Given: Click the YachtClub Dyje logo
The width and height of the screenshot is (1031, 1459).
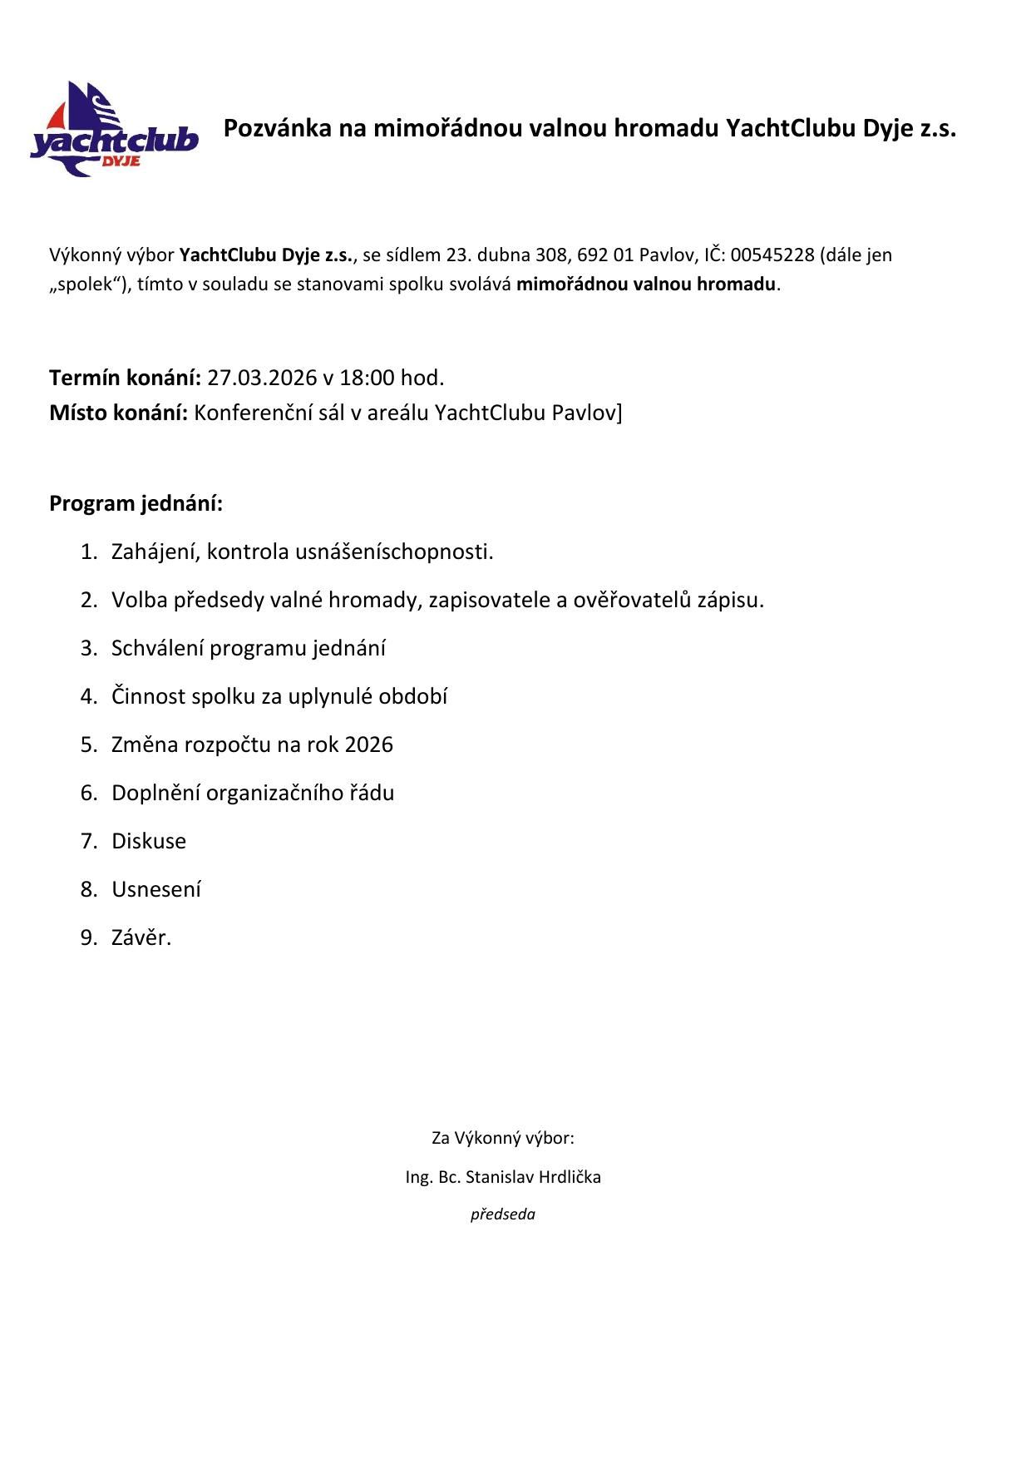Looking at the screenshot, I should (114, 129).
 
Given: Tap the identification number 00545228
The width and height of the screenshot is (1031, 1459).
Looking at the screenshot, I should (772, 255).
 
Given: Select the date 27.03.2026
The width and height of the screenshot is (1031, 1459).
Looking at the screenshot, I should (262, 378).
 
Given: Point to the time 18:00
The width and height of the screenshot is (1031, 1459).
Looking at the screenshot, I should (367, 378).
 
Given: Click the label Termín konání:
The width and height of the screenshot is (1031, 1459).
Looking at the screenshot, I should (126, 378).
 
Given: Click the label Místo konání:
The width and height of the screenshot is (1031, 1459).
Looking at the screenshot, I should (119, 413).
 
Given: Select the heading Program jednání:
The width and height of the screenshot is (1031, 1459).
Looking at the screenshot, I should (136, 504).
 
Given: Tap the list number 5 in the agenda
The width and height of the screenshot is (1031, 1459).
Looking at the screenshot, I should (88, 745).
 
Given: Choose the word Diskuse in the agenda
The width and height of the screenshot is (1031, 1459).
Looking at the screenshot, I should (149, 842).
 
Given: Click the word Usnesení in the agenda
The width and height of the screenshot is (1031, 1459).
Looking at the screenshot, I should (156, 890).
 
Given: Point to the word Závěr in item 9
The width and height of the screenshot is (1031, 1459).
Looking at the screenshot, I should (139, 938).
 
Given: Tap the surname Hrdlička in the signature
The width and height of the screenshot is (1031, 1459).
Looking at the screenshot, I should (570, 1178).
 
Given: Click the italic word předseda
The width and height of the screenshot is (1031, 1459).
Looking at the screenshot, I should (503, 1214).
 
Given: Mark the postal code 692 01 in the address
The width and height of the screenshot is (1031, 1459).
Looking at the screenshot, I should (605, 255).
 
